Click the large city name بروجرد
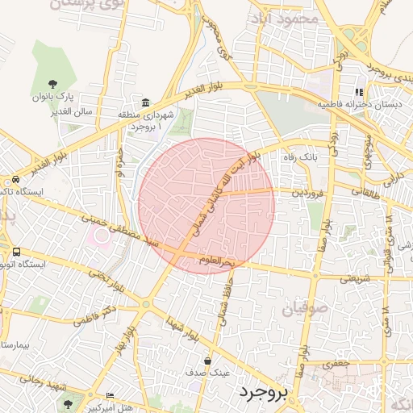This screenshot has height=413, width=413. [263, 393]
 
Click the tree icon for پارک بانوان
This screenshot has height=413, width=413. [53, 84]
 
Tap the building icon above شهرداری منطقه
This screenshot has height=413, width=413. [145, 102]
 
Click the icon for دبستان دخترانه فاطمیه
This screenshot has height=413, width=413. [359, 93]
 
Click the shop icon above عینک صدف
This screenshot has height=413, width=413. [208, 361]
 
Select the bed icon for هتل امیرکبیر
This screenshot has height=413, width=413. [110, 395]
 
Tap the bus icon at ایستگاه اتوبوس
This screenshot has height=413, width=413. [15, 252]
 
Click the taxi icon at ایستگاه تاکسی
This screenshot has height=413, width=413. [15, 179]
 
